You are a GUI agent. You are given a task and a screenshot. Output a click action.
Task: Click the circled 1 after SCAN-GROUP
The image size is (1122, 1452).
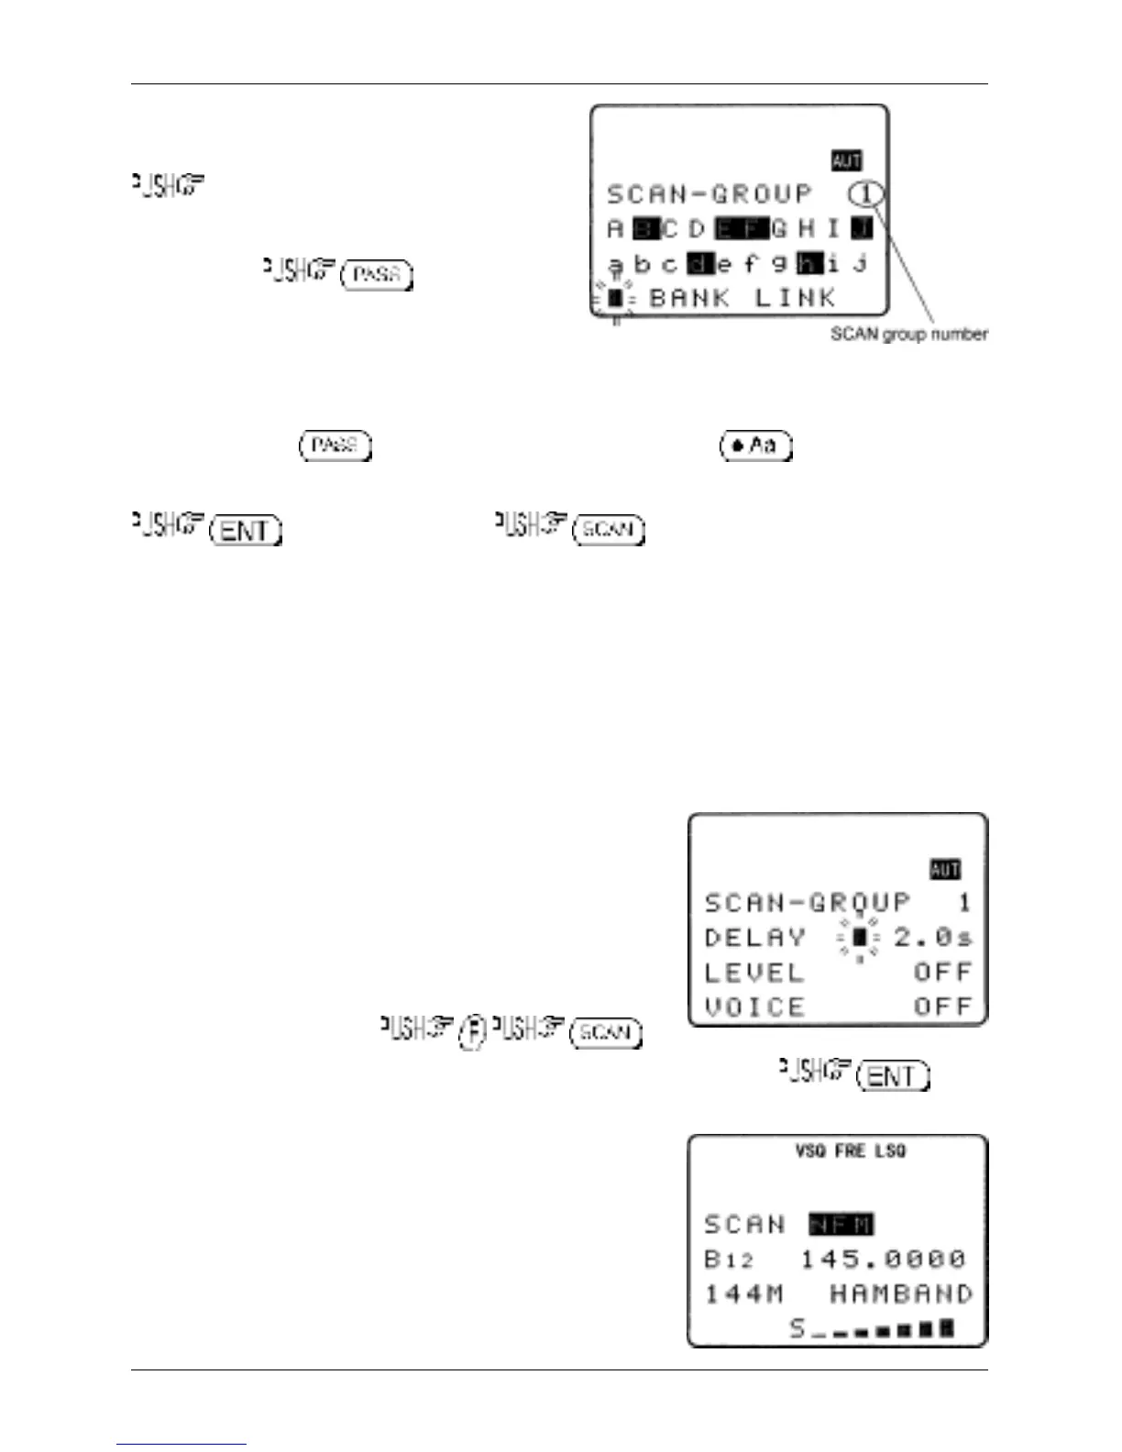[866, 194]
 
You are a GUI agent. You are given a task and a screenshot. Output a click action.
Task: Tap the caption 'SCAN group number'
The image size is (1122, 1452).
[908, 335]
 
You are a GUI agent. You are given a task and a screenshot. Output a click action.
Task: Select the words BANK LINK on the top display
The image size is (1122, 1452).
[742, 298]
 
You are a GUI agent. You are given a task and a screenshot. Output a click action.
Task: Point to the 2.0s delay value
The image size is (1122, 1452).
[933, 938]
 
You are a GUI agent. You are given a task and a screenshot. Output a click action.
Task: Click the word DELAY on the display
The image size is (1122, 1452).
[755, 938]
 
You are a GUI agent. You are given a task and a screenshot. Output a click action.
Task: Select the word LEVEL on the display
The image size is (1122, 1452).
[753, 973]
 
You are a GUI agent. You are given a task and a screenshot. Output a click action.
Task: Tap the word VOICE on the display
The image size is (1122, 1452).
[753, 1007]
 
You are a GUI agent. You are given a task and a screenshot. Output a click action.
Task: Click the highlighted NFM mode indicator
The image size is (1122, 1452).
[841, 1225]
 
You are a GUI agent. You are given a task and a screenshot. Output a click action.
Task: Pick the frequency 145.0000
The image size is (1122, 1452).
[883, 1259]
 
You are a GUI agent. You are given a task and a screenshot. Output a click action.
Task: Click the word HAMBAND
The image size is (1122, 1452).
[900, 1294]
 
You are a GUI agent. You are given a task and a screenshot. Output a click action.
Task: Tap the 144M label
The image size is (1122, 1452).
[743, 1294]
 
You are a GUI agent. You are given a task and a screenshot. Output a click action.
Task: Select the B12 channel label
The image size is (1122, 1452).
[729, 1259]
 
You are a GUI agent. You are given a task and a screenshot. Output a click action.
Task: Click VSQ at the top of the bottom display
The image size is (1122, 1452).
[810, 1150]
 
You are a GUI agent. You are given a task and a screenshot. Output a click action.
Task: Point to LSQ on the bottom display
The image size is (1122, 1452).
[890, 1150]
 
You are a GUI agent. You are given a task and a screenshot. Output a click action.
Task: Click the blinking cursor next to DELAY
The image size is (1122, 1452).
[859, 938]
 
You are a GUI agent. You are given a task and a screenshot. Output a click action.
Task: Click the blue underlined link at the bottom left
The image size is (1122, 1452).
[181, 1444]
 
